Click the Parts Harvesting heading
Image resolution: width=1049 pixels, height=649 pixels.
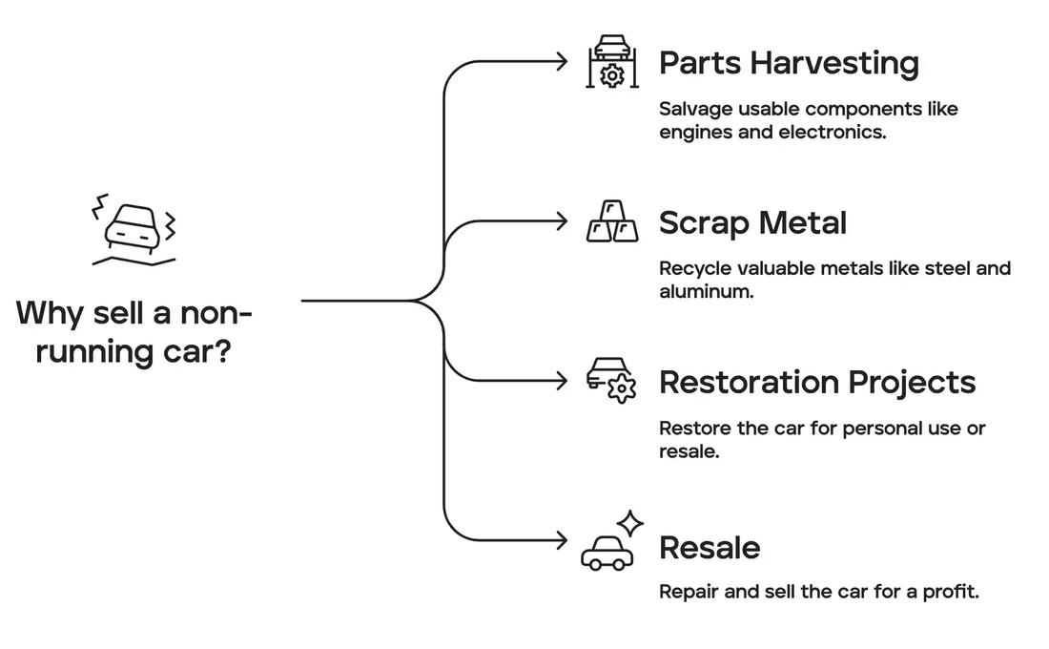[789, 64]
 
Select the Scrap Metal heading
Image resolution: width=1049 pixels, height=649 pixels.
[752, 223]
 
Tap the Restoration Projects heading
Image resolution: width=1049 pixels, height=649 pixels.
[817, 383]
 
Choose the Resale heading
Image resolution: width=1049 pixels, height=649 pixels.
[710, 548]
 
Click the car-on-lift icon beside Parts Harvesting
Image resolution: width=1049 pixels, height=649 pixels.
[612, 62]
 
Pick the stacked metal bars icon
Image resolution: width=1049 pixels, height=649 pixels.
[612, 221]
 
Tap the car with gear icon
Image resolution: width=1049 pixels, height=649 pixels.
[611, 381]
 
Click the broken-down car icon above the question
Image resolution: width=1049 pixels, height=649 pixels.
[134, 230]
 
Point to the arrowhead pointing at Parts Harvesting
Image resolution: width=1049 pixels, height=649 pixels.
[562, 62]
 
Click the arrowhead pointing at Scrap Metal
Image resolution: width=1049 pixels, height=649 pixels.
[562, 221]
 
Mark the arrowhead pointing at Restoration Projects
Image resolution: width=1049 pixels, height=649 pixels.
[562, 381]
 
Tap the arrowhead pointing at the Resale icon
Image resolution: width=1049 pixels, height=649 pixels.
[562, 540]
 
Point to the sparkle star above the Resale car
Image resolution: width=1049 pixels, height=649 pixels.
[630, 523]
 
